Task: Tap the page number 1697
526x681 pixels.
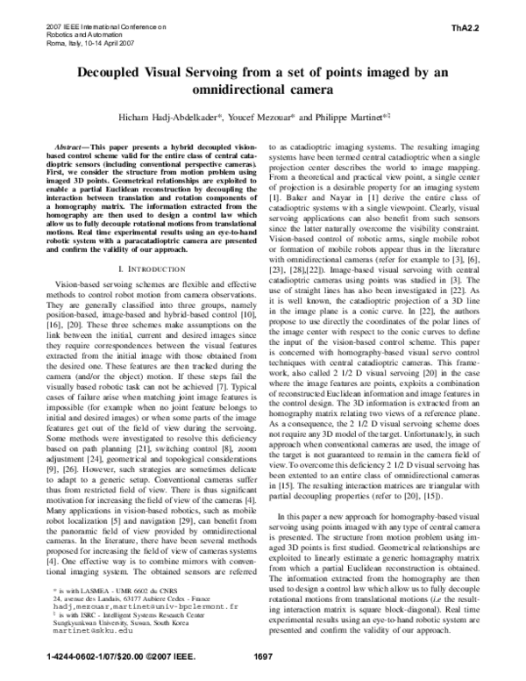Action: (262, 656)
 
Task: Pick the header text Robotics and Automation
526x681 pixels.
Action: (76, 34)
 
